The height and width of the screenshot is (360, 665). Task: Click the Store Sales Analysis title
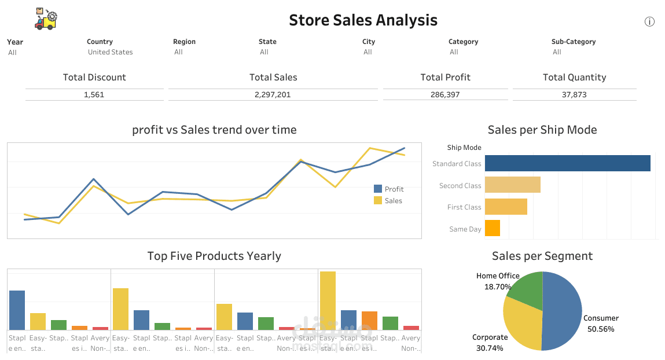coord(363,20)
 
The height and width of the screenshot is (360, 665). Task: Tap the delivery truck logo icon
coord(46,19)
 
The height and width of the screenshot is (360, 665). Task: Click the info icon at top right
coord(649,22)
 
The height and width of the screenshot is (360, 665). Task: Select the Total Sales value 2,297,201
coord(273,94)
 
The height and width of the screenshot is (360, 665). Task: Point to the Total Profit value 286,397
coord(445,94)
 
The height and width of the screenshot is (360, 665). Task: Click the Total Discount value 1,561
coord(94,94)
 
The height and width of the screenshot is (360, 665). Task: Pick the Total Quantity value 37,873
coord(574,94)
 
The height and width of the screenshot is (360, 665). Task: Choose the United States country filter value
coord(111,52)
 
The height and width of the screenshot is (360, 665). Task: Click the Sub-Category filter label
coord(573,42)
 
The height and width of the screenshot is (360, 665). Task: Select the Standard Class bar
coord(567,163)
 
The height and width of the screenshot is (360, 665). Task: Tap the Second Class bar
coord(512,185)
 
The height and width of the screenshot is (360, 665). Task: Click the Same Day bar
coord(492,228)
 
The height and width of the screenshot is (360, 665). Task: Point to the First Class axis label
coord(464,207)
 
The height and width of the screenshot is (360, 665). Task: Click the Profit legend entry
coord(394,189)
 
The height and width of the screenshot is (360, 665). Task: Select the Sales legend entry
coord(393,201)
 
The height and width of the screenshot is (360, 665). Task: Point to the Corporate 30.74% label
coord(490,342)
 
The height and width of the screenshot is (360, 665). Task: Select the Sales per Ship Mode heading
coord(542,130)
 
